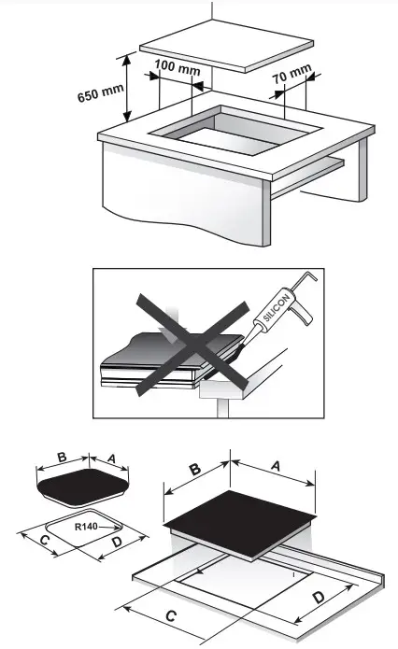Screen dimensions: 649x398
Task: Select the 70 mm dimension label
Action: click(297, 71)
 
